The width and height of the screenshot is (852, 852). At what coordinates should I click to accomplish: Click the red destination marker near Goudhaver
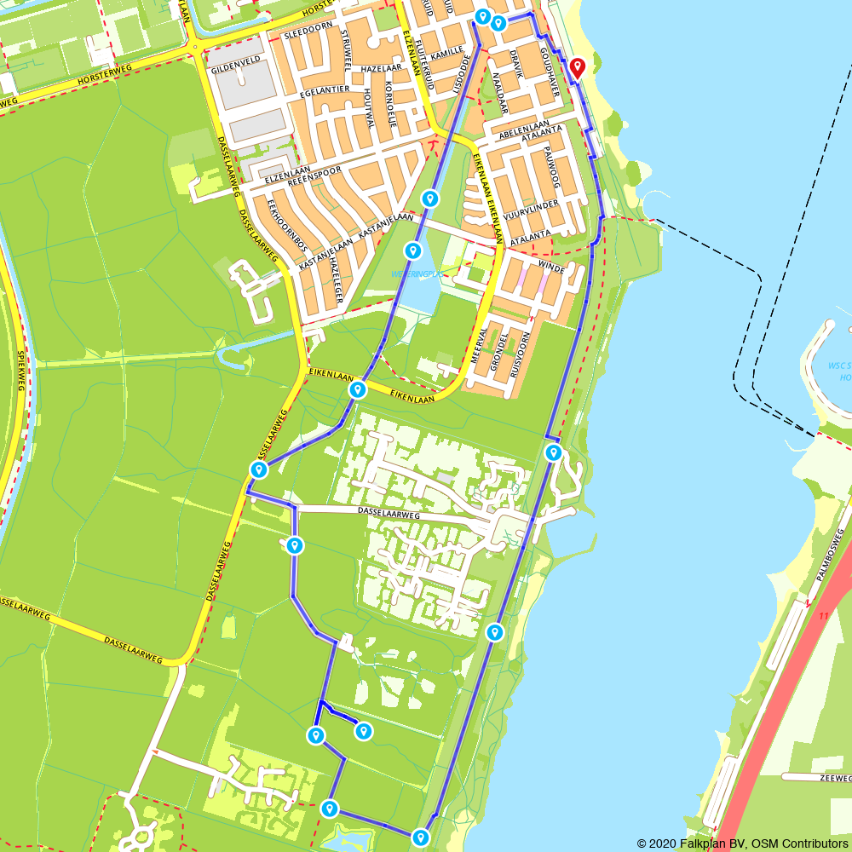578,67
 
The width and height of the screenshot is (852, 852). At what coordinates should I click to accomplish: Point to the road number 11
822,614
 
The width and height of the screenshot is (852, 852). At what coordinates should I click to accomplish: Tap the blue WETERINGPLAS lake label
414,273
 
